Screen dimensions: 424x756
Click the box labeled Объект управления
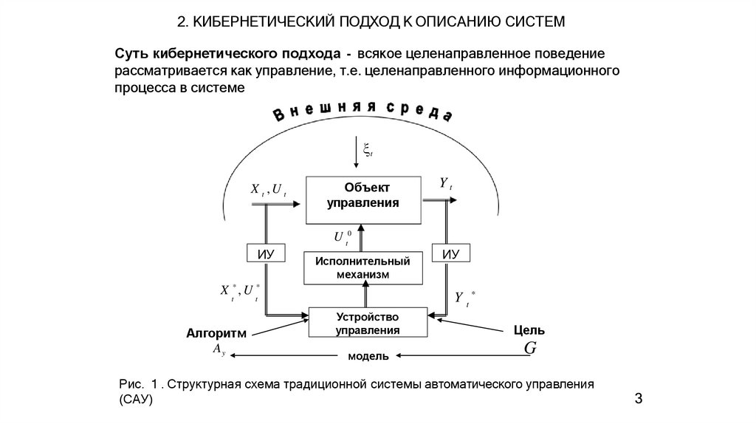363,199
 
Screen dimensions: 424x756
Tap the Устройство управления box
368,323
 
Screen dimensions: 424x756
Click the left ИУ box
265,253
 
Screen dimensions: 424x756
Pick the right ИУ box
450,253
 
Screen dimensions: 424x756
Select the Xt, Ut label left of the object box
268,190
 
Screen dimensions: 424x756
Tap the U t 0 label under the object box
342,237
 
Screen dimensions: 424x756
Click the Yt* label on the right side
464,298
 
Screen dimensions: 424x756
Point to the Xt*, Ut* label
240,292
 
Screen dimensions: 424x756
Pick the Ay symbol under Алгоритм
219,349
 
